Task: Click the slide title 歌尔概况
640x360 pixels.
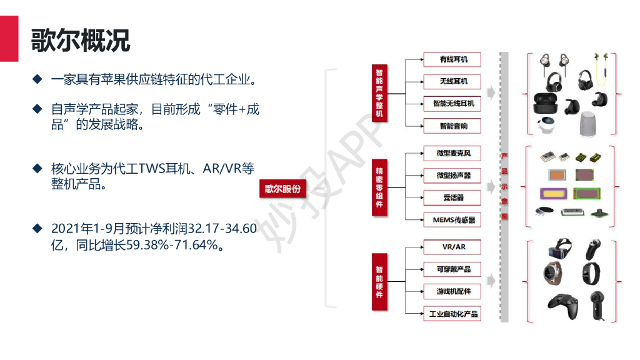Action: tap(81, 40)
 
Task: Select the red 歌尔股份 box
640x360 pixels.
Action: tap(283, 189)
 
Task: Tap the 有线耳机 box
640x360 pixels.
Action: tap(452, 60)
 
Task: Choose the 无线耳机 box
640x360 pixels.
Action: tap(452, 81)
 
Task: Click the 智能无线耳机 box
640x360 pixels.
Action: tap(452, 103)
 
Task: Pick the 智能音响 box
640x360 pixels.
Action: tap(452, 126)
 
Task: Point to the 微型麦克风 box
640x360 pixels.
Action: tap(452, 153)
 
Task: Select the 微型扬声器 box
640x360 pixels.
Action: tap(452, 176)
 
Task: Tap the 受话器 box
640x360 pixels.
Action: tap(452, 197)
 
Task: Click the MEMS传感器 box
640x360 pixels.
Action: tap(452, 220)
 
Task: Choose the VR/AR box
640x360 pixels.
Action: tap(452, 247)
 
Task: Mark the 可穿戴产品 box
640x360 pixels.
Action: tap(452, 269)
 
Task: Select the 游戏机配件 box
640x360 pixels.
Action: tap(452, 291)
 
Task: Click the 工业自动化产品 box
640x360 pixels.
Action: tap(452, 314)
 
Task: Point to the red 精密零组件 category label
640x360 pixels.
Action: tap(379, 187)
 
